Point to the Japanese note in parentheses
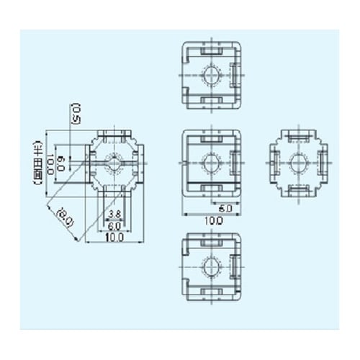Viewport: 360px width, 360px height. tap(36, 162)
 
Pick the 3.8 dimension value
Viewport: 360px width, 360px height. tap(114, 214)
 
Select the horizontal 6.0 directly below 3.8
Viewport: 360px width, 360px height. tap(114, 225)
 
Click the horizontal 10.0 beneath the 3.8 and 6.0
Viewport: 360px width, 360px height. tap(114, 237)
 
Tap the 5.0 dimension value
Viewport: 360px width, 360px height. tap(224, 207)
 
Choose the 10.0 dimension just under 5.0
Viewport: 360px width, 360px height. tap(211, 221)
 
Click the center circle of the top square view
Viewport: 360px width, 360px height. tap(212, 76)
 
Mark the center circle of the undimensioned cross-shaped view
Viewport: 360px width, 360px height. tap(298, 163)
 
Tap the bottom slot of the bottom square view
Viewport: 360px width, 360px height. tap(212, 292)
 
